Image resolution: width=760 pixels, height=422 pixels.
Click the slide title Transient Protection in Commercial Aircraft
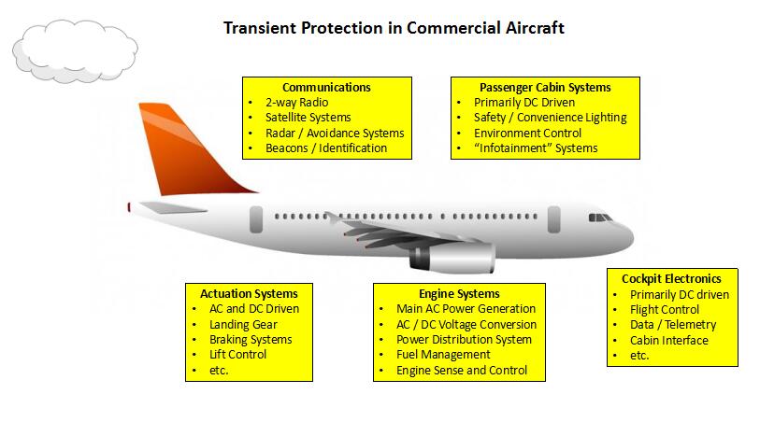click(x=394, y=28)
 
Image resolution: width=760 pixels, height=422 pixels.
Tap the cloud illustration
click(x=75, y=50)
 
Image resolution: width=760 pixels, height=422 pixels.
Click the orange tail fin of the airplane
click(x=189, y=150)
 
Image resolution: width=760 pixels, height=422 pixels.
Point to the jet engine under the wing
click(x=452, y=258)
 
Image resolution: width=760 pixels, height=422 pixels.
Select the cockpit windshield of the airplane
click(x=600, y=218)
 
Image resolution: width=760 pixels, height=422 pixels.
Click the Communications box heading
click(x=326, y=88)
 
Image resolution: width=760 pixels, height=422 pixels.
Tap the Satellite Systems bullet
click(x=308, y=118)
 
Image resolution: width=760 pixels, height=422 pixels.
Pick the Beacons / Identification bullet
click(x=326, y=148)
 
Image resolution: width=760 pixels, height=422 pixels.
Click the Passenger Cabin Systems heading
click(x=545, y=88)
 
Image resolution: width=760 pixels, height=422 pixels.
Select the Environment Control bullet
click(x=528, y=134)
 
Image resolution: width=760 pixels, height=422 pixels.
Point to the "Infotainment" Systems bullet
click(x=536, y=148)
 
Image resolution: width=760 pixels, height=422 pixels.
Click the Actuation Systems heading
click(x=250, y=294)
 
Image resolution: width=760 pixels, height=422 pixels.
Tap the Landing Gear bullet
click(x=243, y=324)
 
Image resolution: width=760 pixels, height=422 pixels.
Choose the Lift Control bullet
click(x=238, y=354)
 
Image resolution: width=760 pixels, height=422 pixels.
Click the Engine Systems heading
click(x=460, y=294)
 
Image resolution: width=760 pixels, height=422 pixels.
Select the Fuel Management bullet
click(x=443, y=355)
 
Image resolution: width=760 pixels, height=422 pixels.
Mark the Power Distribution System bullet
click(x=465, y=340)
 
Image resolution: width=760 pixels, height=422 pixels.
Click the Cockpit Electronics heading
click(x=672, y=279)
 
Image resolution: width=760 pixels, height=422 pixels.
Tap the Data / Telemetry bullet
click(x=673, y=325)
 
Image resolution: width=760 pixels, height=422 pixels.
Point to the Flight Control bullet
click(x=665, y=310)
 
